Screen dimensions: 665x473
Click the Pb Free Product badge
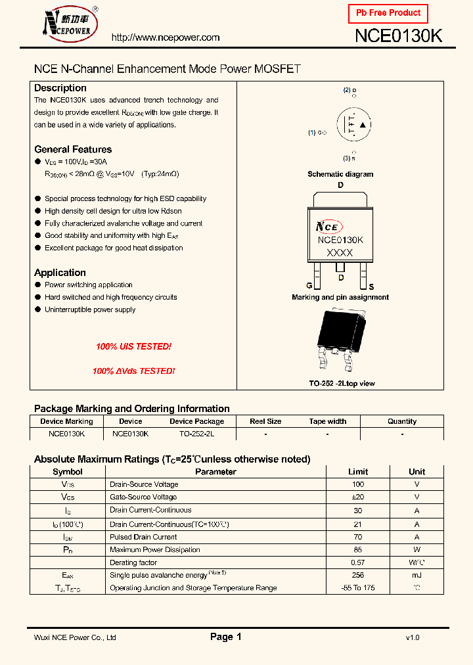pos(388,13)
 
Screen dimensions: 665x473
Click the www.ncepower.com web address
pos(166,37)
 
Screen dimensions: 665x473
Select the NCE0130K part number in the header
pos(398,36)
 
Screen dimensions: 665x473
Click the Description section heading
pos(60,88)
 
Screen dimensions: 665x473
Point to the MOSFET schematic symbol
pos(353,125)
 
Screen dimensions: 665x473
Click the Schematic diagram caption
pos(340,174)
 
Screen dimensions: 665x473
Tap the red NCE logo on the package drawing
pos(327,227)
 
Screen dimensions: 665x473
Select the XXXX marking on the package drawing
pos(340,253)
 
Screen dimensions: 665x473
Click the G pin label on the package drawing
pos(309,287)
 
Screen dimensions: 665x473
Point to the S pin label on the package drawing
pos(371,287)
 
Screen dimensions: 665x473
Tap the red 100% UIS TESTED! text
pos(133,346)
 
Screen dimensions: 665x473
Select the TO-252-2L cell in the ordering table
pos(196,434)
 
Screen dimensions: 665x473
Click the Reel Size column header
pos(265,421)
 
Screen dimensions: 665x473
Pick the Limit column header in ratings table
pos(358,472)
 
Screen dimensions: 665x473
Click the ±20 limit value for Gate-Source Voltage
pos(358,497)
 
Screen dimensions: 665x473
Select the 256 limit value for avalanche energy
pos(358,575)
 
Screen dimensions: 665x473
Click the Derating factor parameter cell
pos(133,562)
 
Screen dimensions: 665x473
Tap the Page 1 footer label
pos(226,637)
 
